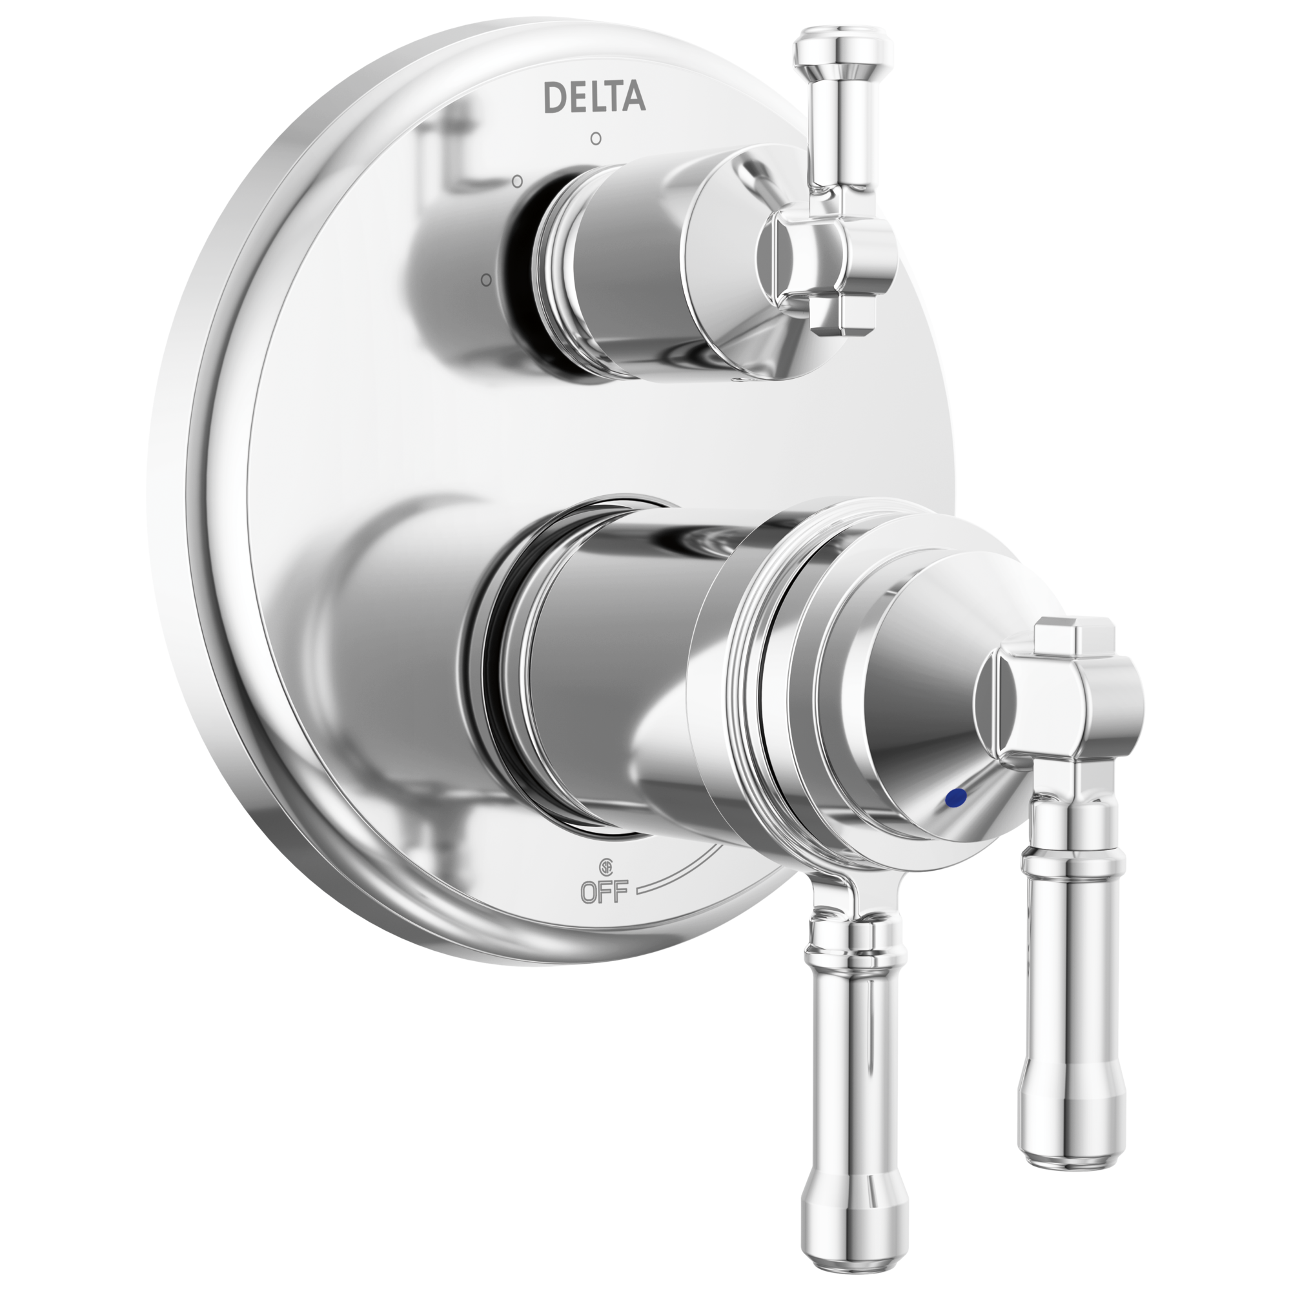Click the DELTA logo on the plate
(x=595, y=97)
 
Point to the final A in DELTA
(x=635, y=97)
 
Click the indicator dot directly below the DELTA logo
(x=595, y=139)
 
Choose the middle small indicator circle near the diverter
(x=516, y=181)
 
